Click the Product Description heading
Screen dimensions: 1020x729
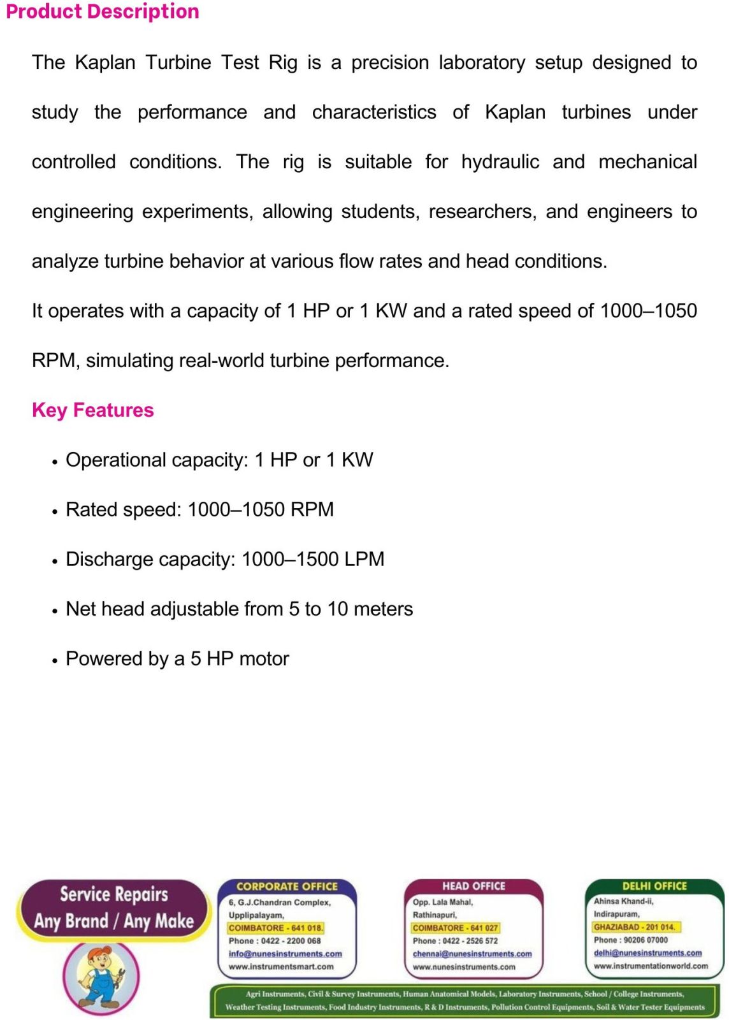pyautogui.click(x=103, y=12)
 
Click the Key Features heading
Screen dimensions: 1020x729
pyautogui.click(x=93, y=410)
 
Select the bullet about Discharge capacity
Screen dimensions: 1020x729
pyautogui.click(x=225, y=559)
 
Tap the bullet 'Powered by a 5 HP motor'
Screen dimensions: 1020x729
pyautogui.click(x=177, y=659)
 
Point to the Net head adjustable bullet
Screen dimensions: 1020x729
pyautogui.click(x=239, y=609)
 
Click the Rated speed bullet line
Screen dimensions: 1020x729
pyautogui.click(x=199, y=509)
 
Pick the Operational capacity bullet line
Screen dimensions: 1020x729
pyautogui.click(x=219, y=460)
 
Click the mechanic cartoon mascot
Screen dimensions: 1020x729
pyautogui.click(x=101, y=976)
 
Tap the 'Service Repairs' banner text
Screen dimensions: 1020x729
pyautogui.click(x=114, y=894)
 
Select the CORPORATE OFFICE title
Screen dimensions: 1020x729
pyautogui.click(x=287, y=886)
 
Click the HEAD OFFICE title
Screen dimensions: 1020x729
pyautogui.click(x=473, y=886)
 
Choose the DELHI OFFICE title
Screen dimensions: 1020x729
pyautogui.click(x=654, y=886)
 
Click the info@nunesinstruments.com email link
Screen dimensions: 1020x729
pyautogui.click(x=285, y=954)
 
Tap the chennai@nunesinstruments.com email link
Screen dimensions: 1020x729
pyautogui.click(x=472, y=954)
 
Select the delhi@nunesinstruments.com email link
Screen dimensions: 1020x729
pyautogui.click(x=647, y=953)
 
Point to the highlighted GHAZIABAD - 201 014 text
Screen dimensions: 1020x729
pyautogui.click(x=634, y=927)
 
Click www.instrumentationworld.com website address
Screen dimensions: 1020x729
pyautogui.click(x=651, y=966)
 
